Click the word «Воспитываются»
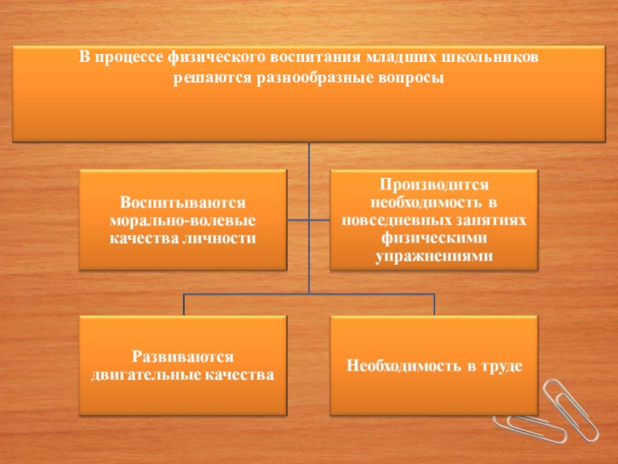(x=182, y=203)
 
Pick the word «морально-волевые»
(x=182, y=221)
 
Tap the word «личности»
(x=223, y=239)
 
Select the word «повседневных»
(x=390, y=221)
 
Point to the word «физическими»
(x=433, y=239)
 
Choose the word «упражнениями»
(x=433, y=257)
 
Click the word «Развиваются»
(x=182, y=357)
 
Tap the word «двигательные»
(x=142, y=375)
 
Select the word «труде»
(x=502, y=366)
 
